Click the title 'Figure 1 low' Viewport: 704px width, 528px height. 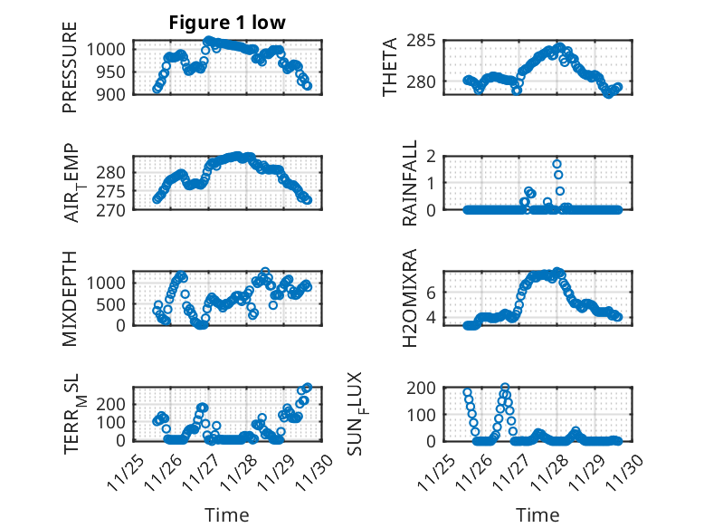click(226, 24)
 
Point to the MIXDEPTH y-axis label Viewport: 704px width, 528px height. click(70, 297)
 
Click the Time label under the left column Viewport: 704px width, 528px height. click(226, 514)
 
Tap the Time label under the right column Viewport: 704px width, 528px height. click(538, 514)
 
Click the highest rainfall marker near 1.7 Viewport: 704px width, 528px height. click(557, 164)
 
